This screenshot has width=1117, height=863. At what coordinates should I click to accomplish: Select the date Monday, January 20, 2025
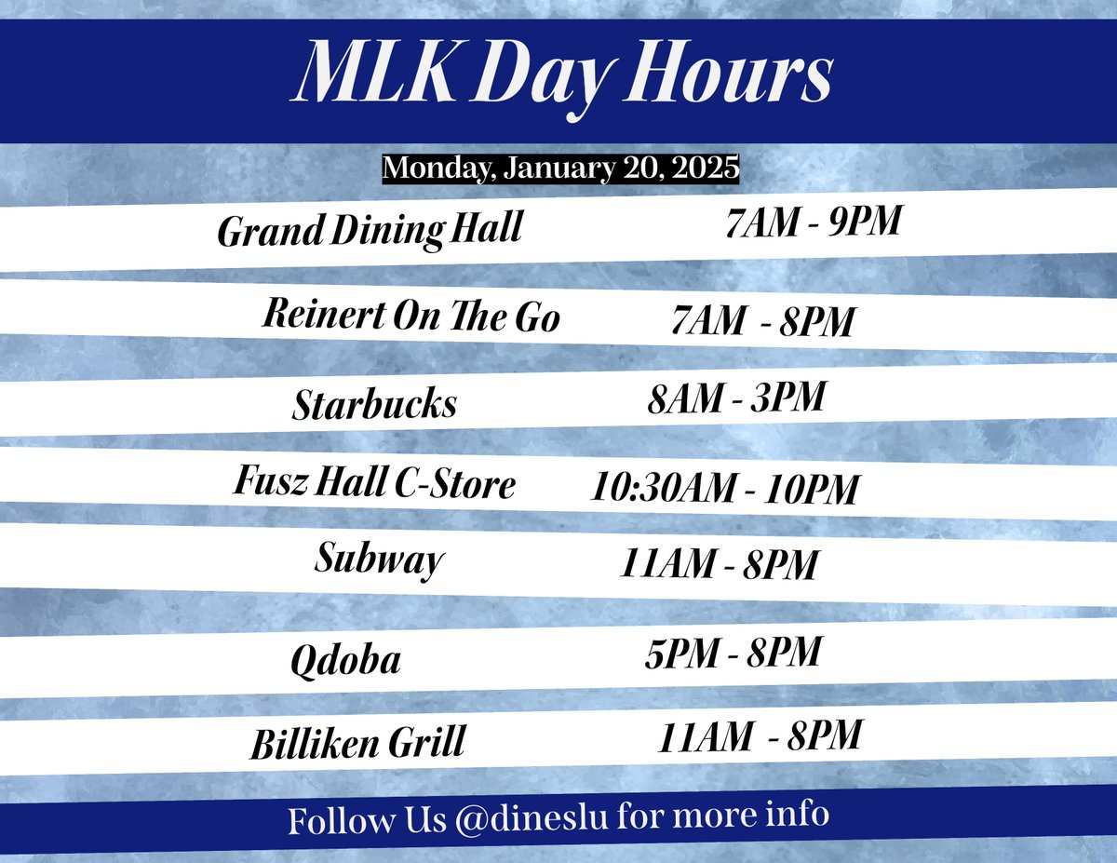[560, 169]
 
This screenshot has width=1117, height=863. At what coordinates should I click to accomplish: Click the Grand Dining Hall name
[369, 230]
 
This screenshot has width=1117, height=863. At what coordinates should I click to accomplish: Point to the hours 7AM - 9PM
[813, 224]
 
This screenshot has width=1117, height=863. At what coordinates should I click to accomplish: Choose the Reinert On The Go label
[412, 317]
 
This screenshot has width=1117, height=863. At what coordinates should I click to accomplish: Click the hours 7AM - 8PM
[762, 322]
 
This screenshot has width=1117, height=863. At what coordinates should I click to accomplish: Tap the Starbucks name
[374, 404]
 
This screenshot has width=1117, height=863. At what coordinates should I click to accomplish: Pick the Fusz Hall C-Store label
[373, 485]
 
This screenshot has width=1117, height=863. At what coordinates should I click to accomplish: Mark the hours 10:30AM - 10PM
[724, 489]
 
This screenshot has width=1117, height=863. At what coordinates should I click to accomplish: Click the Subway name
[379, 560]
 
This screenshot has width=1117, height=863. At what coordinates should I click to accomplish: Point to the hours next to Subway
[719, 564]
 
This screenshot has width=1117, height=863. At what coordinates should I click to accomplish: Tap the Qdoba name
[345, 660]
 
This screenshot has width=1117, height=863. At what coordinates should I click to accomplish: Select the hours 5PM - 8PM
[733, 653]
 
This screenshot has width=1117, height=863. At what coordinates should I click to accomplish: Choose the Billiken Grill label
[357, 745]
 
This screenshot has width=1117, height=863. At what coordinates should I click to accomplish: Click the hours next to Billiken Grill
[760, 738]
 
